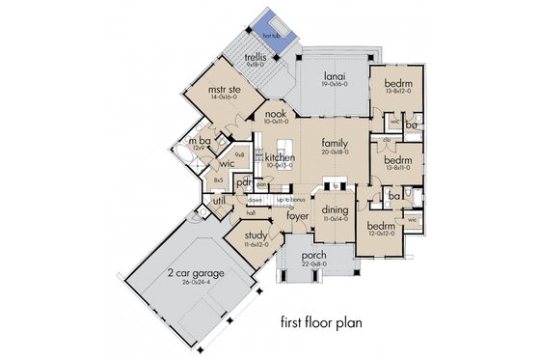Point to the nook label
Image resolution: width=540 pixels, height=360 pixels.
[277, 115]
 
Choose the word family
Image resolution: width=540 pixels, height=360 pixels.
[335, 144]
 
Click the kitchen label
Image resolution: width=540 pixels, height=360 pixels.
[280, 156]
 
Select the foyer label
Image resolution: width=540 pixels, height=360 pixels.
[297, 216]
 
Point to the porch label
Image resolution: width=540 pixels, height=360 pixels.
[313, 256]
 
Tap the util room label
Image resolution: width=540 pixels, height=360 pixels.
[205, 201]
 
